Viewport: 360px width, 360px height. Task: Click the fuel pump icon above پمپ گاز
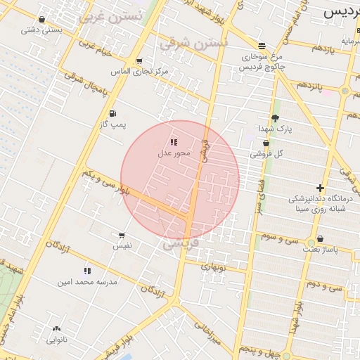click(112, 114)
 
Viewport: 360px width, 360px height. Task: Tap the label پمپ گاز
click(113, 124)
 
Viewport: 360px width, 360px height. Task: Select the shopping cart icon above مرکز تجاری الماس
click(139, 61)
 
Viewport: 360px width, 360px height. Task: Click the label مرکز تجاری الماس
click(140, 72)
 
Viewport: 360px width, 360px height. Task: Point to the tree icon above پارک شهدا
click(274, 118)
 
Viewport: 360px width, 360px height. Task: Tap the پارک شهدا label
click(274, 129)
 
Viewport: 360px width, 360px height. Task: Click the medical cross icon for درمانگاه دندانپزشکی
click(320, 188)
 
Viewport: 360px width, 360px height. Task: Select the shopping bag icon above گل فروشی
click(265, 143)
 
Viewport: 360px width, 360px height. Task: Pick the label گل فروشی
click(268, 153)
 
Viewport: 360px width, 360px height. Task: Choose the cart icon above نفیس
click(122, 236)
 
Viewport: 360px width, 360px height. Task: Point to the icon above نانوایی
click(56, 328)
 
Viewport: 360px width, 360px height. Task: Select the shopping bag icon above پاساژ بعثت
click(320, 239)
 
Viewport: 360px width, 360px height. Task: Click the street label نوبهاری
click(213, 266)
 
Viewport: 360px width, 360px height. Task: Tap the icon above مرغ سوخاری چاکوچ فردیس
click(262, 45)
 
